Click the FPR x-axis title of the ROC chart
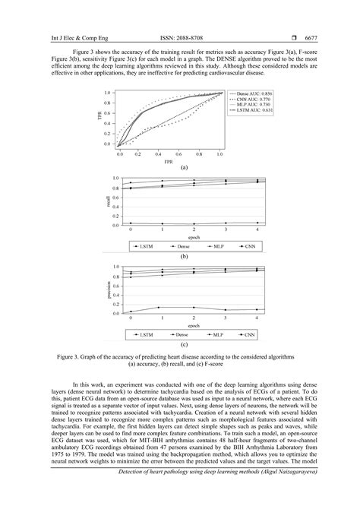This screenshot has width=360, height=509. [169, 162]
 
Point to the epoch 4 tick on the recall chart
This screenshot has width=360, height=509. [257, 230]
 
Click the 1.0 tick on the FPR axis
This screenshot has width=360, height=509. [219, 153]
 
